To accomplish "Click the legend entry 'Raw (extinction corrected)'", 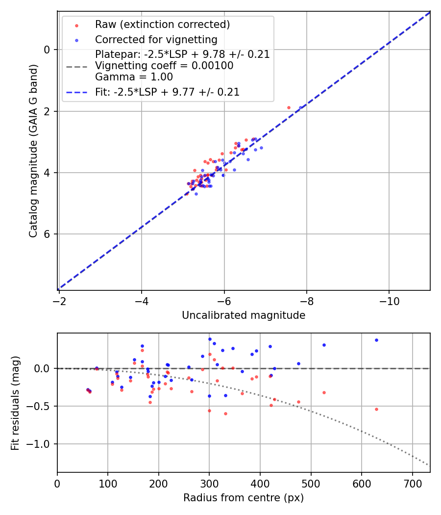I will click(162, 25).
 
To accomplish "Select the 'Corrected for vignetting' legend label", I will click(156, 39).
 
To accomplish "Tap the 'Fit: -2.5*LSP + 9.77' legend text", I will click(167, 92).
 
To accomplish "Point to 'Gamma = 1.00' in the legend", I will click(134, 77).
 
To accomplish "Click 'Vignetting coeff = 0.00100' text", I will click(164, 66).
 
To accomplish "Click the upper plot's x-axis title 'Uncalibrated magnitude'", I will click(244, 315).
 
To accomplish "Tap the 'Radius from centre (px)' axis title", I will click(244, 498).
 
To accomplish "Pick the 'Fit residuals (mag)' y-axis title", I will click(15, 402).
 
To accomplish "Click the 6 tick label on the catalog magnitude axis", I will click(47, 234).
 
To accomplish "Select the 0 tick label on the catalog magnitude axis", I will click(47, 50).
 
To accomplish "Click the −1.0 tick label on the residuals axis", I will click(41, 444).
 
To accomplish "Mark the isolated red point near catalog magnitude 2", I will click(289, 107).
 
